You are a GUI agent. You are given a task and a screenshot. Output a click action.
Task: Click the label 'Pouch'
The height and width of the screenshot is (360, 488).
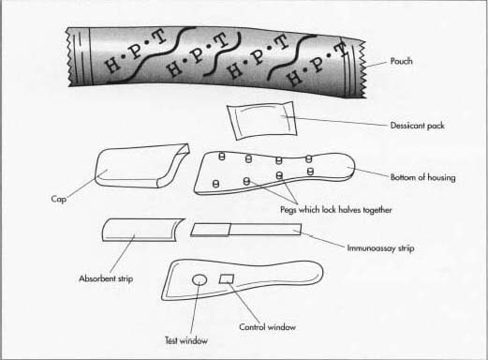pyautogui.click(x=404, y=63)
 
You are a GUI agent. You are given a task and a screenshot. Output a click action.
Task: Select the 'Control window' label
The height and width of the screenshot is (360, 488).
pyautogui.click(x=267, y=327)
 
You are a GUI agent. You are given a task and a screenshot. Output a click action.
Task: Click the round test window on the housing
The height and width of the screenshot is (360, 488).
pyautogui.click(x=199, y=279)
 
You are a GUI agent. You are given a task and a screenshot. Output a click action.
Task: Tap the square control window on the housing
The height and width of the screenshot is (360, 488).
pyautogui.click(x=227, y=278)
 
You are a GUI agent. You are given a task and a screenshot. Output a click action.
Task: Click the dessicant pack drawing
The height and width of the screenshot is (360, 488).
pyautogui.click(x=258, y=122)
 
